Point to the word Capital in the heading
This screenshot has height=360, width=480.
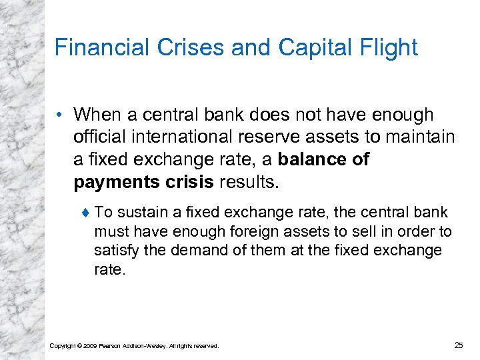pyautogui.click(x=315, y=47)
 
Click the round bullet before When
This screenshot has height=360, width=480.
pyautogui.click(x=61, y=115)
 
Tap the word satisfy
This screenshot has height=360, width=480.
pyautogui.click(x=116, y=250)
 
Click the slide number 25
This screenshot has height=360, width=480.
pyautogui.click(x=458, y=345)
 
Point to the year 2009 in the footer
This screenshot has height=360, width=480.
pyautogui.click(x=92, y=346)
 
